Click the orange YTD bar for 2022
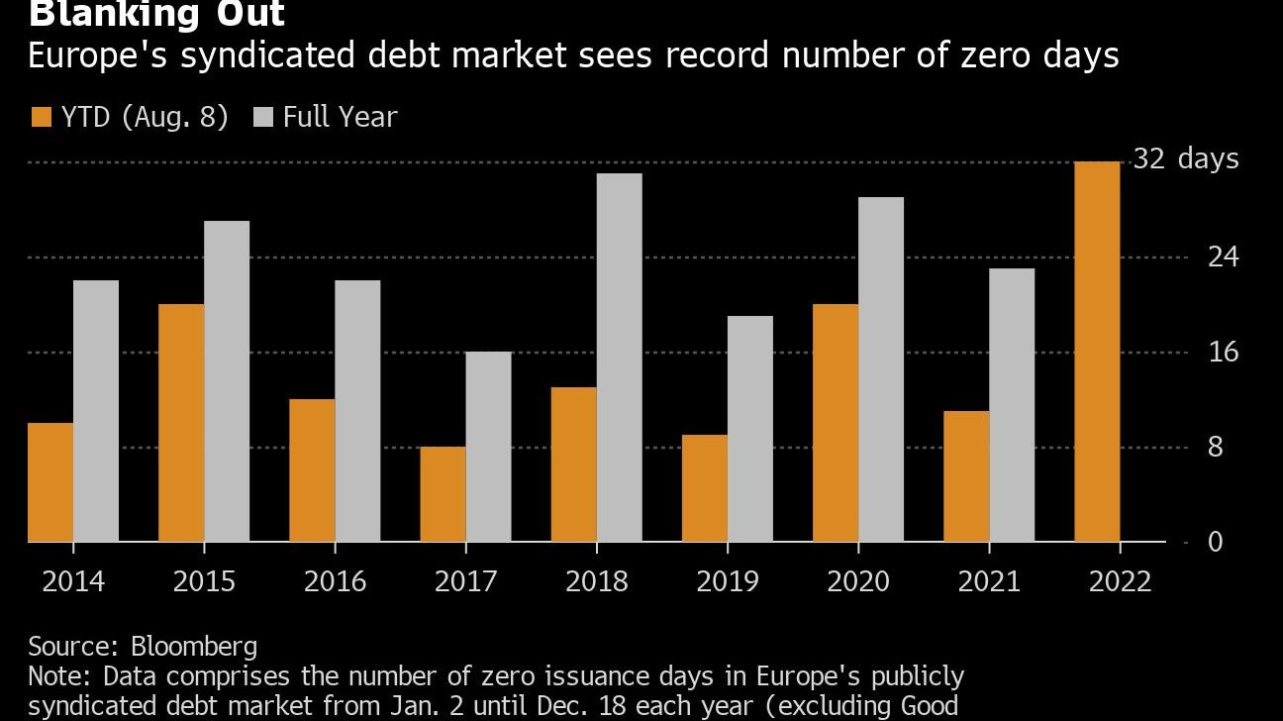coord(1097,352)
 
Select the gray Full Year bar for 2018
coord(619,358)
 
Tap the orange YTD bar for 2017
coord(443,494)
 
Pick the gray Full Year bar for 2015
coord(227,381)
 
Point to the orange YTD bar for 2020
coord(835,423)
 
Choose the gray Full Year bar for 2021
coord(1011,405)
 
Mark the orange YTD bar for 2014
coord(50,482)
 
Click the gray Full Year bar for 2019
coord(749,429)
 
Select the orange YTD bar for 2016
coord(312,470)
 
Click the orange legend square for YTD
coord(41,117)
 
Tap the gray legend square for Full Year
coord(263,117)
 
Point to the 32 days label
coord(1185,158)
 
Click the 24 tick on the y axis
coord(1223,257)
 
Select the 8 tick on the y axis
coord(1216,447)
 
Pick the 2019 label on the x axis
coord(728,580)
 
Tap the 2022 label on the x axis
coord(1120,580)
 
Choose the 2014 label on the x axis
coord(73,580)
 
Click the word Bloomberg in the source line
coord(194,647)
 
